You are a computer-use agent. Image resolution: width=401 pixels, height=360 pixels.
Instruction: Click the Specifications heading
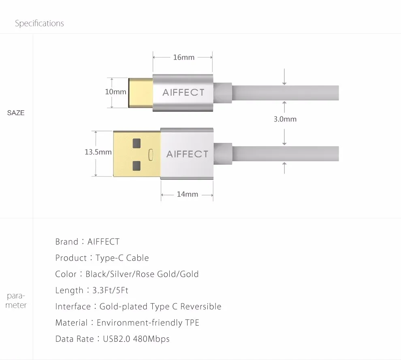(39, 23)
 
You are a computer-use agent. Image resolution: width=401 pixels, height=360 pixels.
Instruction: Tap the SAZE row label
(16, 113)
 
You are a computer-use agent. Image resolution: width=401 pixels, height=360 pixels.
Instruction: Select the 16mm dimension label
(183, 57)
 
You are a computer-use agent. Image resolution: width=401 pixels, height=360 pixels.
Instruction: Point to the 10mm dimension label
(115, 92)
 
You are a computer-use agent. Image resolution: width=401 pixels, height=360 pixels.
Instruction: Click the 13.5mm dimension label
(98, 152)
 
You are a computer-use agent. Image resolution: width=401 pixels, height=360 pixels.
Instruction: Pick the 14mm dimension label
(188, 194)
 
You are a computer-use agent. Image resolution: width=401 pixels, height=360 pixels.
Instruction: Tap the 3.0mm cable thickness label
(285, 119)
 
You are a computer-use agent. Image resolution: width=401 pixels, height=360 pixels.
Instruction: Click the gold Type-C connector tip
(141, 93)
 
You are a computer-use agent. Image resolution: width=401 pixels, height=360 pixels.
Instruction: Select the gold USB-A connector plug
(137, 153)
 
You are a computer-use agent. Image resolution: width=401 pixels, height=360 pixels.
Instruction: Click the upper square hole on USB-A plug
(137, 143)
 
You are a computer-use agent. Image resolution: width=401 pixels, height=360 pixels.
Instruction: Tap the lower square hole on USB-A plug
(137, 166)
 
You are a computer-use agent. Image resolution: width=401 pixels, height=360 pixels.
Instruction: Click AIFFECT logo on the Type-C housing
(183, 92)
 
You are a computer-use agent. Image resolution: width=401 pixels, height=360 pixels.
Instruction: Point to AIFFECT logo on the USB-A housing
(188, 154)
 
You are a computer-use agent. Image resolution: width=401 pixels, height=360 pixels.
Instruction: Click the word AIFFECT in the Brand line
(103, 242)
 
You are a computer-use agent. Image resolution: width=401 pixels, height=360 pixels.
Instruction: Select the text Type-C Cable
(122, 258)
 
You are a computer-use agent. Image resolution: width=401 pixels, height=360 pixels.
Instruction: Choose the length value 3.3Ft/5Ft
(110, 290)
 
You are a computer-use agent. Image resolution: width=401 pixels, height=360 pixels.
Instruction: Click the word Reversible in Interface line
(201, 306)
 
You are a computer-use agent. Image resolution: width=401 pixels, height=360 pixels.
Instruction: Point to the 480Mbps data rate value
(151, 339)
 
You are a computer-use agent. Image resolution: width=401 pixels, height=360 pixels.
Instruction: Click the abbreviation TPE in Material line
(192, 323)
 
